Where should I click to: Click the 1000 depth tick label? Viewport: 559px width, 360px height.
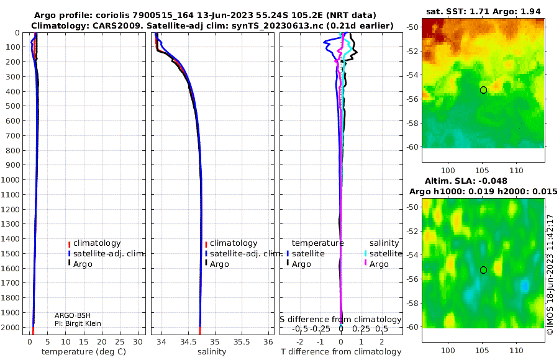tap(10, 179)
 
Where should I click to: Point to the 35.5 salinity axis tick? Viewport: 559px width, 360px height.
tap(242, 342)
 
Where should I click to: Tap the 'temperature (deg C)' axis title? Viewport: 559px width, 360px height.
tap(84, 352)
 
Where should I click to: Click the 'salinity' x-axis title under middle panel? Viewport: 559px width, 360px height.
tap(212, 352)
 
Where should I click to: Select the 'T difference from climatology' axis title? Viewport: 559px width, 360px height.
tap(341, 352)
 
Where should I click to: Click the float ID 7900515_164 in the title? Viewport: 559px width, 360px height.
tap(163, 16)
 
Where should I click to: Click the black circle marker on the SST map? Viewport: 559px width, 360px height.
tap(483, 90)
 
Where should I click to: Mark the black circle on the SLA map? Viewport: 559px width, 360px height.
tap(483, 270)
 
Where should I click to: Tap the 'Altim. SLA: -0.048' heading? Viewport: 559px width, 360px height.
tap(466, 181)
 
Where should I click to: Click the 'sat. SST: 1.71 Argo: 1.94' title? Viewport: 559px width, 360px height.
tap(483, 11)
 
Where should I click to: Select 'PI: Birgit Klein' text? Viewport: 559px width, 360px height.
tap(78, 323)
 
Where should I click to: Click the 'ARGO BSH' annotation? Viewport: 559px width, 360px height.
tap(73, 315)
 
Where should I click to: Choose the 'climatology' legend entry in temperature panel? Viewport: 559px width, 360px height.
tap(94, 243)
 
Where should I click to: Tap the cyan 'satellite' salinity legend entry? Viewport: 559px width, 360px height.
tap(383, 254)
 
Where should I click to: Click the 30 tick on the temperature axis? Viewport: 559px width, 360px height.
tap(138, 342)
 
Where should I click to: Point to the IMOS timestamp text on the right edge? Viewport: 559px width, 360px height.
tap(550, 274)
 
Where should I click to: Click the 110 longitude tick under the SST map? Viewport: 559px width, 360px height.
tap(516, 171)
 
